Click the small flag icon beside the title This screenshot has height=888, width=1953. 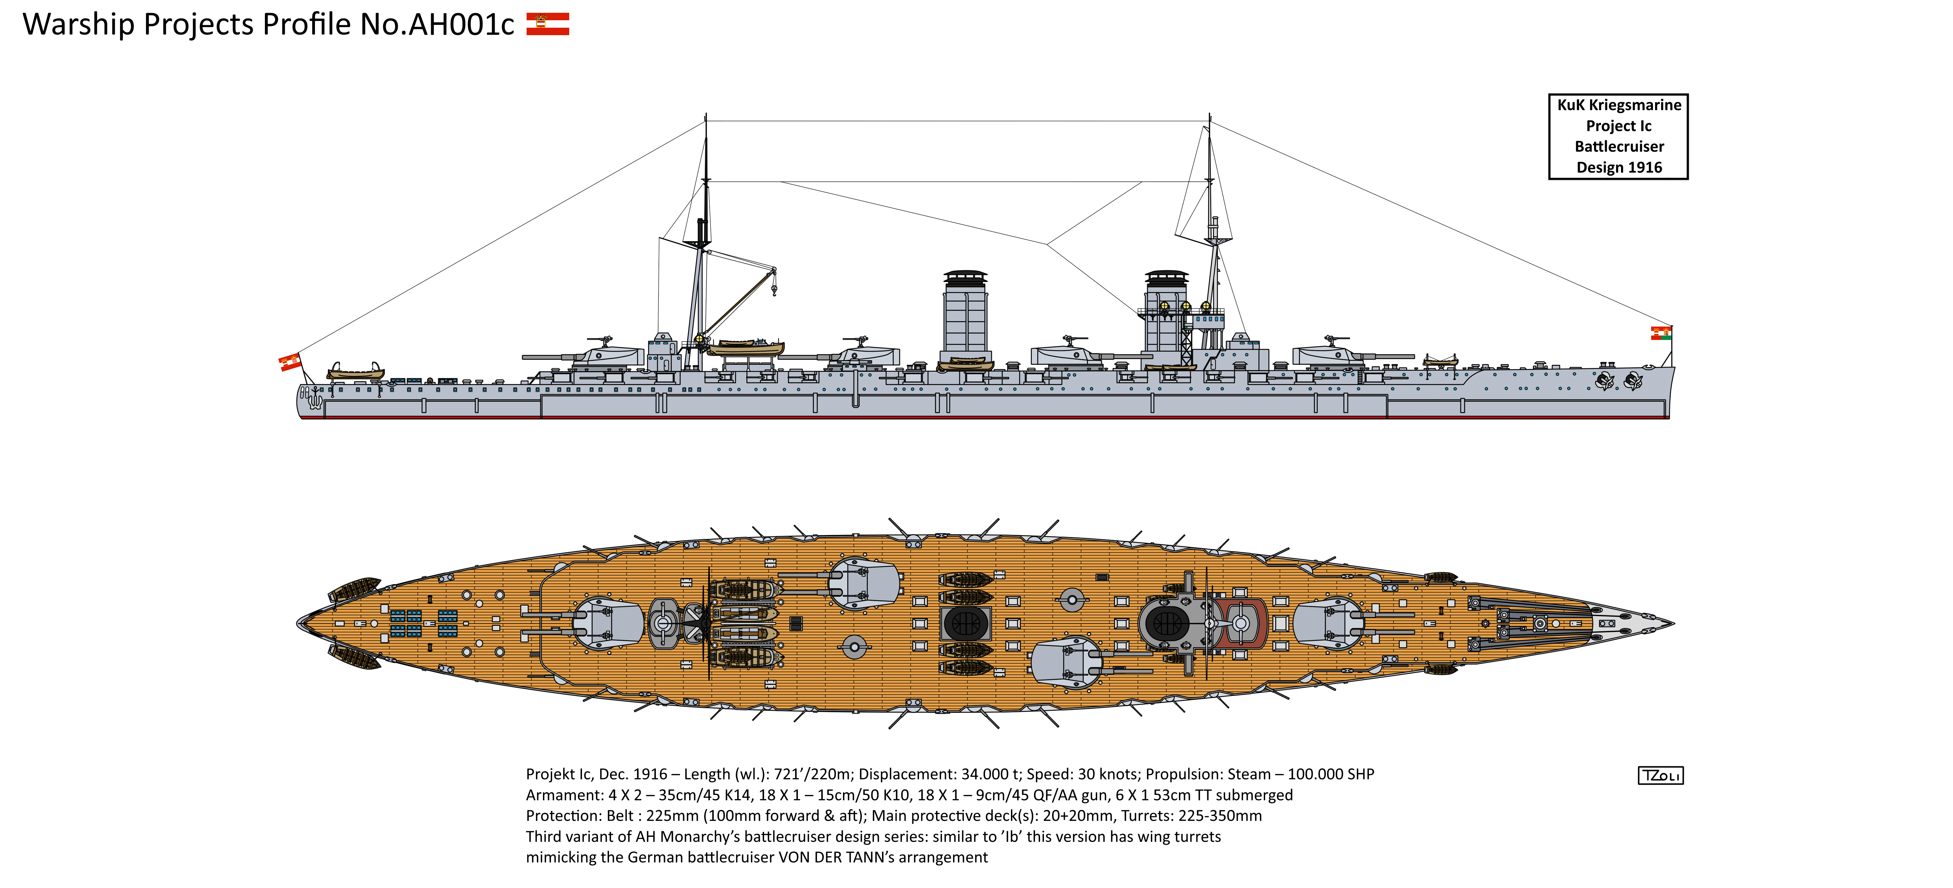click(548, 24)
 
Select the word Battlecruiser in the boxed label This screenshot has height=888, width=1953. click(1619, 146)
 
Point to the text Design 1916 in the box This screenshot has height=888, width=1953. click(1619, 168)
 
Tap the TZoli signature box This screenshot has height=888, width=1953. click(1660, 775)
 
